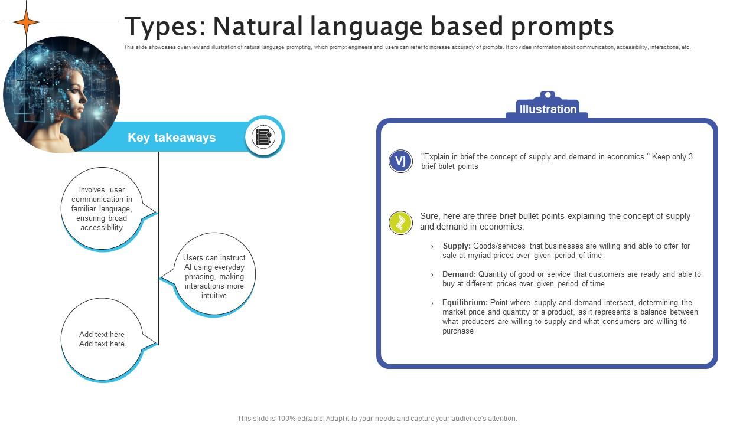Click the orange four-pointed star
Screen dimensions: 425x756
coord(27,22)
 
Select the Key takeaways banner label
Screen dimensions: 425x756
coord(171,138)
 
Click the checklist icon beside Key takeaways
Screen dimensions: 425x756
coord(263,137)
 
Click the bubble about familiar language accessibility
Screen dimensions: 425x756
coord(102,209)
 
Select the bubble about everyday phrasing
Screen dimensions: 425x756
coord(214,276)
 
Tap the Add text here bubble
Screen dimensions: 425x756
coord(102,339)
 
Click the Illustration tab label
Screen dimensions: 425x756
coord(548,109)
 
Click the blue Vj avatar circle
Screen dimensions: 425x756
coord(400,161)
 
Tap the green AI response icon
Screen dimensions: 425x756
coord(400,223)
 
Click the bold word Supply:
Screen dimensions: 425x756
coord(457,246)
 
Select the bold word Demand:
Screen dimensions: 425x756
coord(459,274)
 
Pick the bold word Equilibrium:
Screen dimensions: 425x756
coord(465,303)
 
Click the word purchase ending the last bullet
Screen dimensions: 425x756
coord(458,331)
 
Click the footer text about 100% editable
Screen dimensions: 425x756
coord(377,419)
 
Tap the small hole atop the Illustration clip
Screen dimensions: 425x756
coord(548,94)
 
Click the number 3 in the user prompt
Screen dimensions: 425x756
coord(690,157)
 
